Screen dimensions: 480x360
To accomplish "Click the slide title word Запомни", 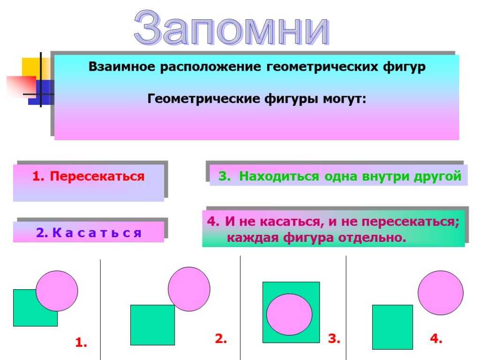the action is (232, 28).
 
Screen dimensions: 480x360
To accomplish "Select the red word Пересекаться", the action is (97, 177).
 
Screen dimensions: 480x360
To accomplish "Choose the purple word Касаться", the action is (97, 232).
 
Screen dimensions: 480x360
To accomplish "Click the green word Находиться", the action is (279, 176).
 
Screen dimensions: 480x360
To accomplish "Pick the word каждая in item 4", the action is (253, 238).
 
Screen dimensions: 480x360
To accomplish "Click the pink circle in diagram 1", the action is (57, 291).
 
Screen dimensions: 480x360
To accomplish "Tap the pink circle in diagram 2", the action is (189, 289).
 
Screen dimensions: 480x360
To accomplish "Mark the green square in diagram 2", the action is (152, 325).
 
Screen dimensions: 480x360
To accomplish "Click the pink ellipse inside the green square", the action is (289, 315).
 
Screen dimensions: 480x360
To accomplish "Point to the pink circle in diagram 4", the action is (441, 292).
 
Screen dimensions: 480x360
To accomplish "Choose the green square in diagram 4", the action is (392, 327).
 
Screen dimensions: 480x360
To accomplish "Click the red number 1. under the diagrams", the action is (81, 342).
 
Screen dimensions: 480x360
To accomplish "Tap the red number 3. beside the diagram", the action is (334, 338).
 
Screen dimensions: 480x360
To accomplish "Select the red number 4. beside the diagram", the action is (436, 338).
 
